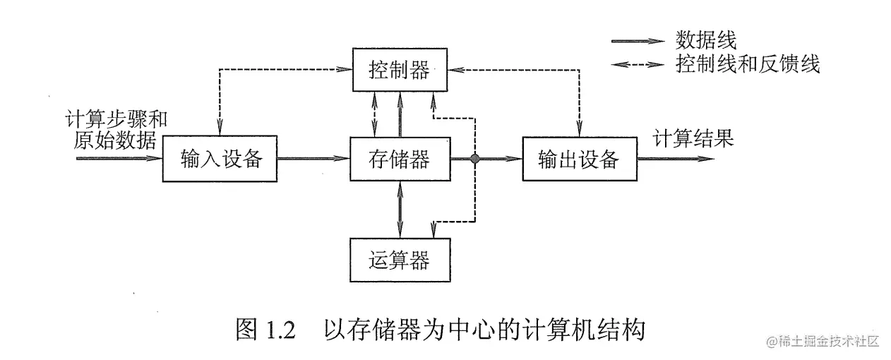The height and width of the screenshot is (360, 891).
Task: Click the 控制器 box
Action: click(x=400, y=70)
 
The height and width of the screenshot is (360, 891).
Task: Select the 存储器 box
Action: click(x=400, y=160)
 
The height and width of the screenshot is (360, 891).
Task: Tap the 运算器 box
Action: click(x=400, y=260)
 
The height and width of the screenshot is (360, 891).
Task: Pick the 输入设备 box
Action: click(x=221, y=160)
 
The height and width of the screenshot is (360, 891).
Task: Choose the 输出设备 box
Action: click(x=578, y=160)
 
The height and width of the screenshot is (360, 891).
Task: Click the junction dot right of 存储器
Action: click(x=476, y=160)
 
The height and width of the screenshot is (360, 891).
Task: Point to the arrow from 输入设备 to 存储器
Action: click(x=313, y=160)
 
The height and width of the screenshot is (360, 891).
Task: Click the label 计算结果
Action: click(x=693, y=138)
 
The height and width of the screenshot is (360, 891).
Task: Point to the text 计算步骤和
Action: click(x=116, y=119)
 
